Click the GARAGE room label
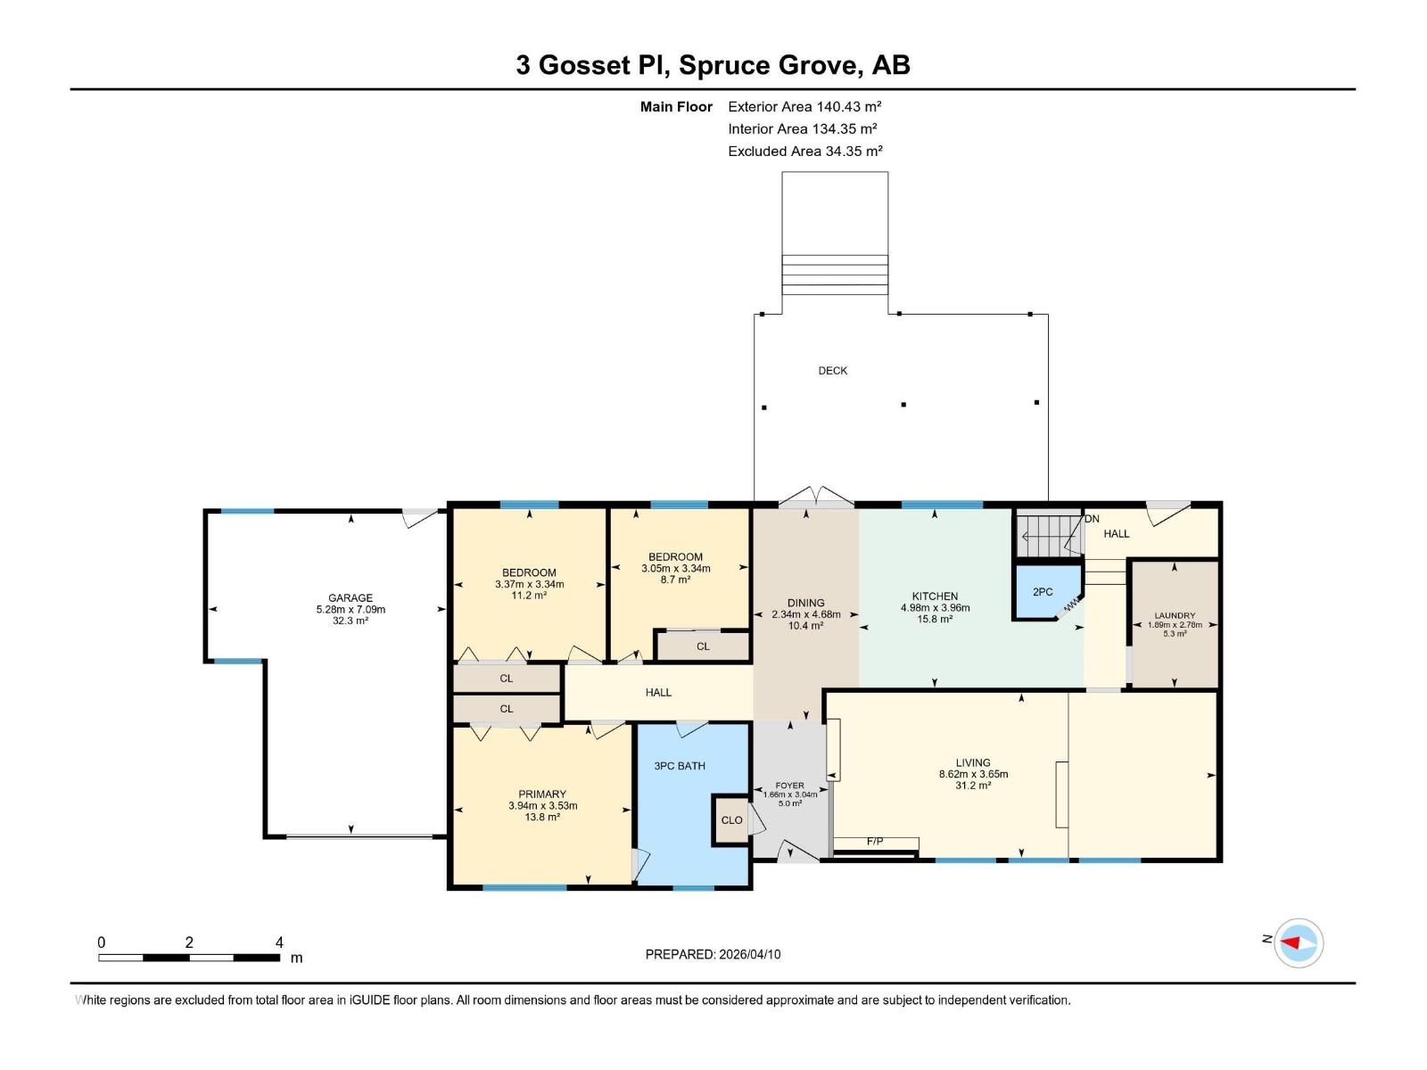[350, 598]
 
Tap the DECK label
[832, 371]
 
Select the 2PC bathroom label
[1042, 592]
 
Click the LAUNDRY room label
[1174, 615]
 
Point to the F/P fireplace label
[875, 842]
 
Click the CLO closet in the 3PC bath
[731, 820]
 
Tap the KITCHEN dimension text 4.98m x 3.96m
[935, 608]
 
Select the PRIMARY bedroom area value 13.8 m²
[542, 817]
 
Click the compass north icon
[1298, 942]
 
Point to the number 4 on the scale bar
[279, 942]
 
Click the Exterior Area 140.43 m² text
[804, 106]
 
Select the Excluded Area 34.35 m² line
[804, 151]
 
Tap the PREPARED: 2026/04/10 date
[713, 954]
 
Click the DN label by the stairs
[1092, 519]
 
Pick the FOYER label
[789, 786]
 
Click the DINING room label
[805, 603]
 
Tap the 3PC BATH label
[680, 766]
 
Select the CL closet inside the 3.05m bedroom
[703, 646]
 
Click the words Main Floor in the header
[676, 107]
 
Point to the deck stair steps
[835, 275]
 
